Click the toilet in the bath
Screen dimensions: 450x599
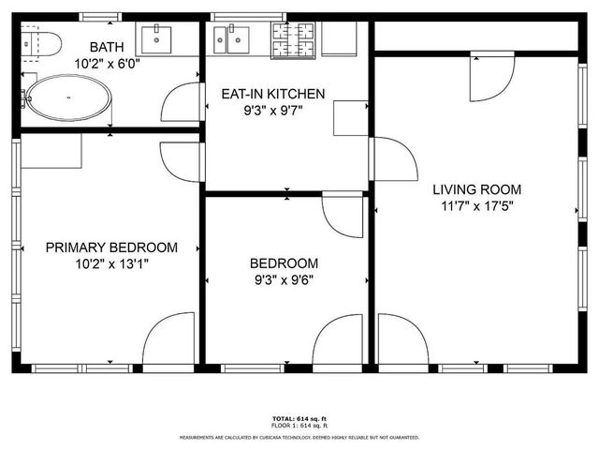(x=42, y=43)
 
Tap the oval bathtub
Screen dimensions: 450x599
(x=66, y=97)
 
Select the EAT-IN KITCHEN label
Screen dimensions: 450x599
(x=272, y=94)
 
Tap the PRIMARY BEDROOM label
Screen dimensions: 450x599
(x=111, y=247)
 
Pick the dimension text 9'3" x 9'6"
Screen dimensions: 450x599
(x=284, y=279)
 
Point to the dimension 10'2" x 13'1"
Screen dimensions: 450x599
(x=111, y=264)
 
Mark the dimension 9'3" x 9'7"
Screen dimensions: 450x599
(x=272, y=110)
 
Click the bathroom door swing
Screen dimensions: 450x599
(x=182, y=103)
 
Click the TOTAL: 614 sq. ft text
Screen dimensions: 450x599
(x=299, y=418)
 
